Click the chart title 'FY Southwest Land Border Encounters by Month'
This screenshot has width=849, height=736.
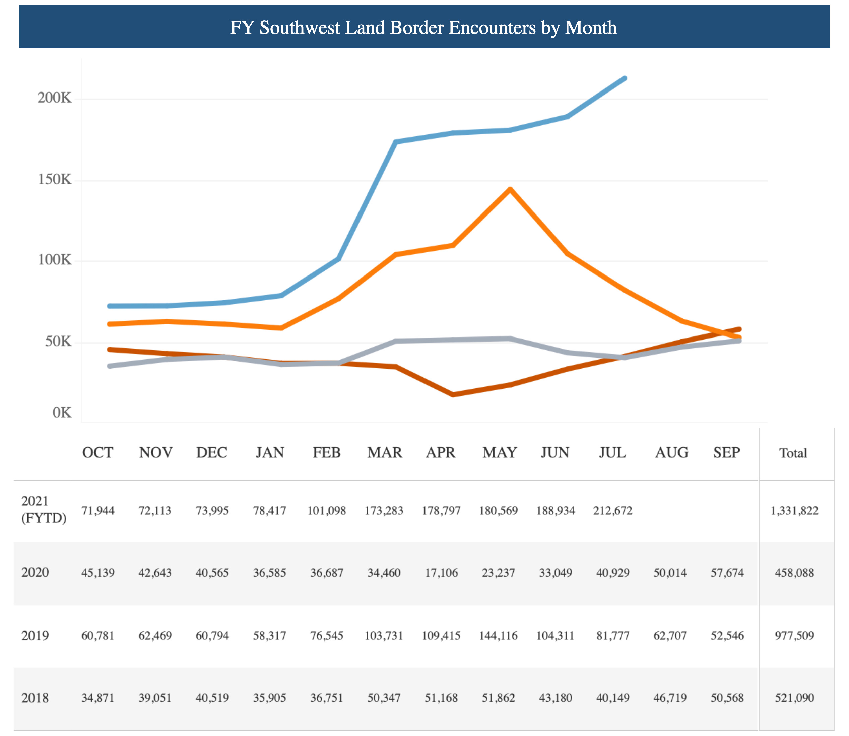click(x=423, y=28)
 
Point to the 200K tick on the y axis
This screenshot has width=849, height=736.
click(x=55, y=98)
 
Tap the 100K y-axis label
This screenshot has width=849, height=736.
click(x=55, y=260)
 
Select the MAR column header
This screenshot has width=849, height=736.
click(x=384, y=452)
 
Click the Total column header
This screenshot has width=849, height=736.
click(x=793, y=453)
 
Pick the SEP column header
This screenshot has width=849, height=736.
click(x=726, y=452)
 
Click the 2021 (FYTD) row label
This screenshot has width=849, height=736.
click(x=44, y=510)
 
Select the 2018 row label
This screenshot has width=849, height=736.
click(x=35, y=698)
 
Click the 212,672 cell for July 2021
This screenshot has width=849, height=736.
click(x=612, y=511)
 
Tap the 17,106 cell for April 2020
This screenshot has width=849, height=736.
click(x=441, y=573)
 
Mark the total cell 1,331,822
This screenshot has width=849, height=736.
click(x=794, y=511)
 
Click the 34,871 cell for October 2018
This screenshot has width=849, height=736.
click(x=98, y=698)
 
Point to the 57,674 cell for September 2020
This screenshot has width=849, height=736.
click(x=727, y=573)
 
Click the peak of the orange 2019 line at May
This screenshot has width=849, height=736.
click(x=510, y=189)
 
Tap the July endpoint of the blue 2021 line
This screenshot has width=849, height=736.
click(x=625, y=78)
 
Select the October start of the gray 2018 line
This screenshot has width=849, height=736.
click(x=110, y=366)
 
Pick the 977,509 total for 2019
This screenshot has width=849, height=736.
click(x=794, y=636)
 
